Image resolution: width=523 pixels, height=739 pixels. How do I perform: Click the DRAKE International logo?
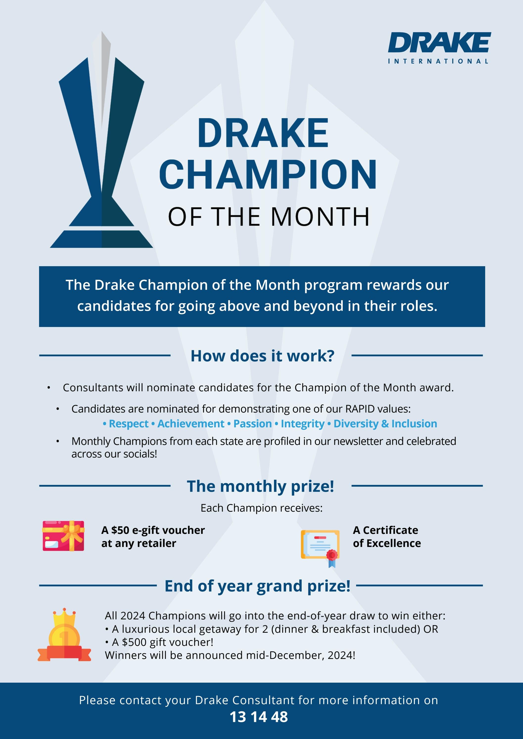click(x=439, y=48)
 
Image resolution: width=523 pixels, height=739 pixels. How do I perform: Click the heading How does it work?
click(x=262, y=356)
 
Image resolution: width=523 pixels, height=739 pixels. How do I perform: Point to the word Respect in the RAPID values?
click(x=129, y=424)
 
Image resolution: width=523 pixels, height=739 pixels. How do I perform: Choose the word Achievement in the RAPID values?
click(x=191, y=424)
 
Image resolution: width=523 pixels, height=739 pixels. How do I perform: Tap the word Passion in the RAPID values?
click(x=252, y=424)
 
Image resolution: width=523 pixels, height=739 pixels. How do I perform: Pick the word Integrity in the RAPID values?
click(x=302, y=424)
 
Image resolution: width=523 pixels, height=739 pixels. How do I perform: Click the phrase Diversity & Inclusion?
click(x=385, y=424)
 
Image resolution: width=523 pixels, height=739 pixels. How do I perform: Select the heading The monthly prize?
click(x=260, y=486)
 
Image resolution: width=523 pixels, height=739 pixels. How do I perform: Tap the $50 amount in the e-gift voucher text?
click(x=120, y=530)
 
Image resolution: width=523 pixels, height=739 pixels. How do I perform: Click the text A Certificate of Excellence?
click(x=387, y=537)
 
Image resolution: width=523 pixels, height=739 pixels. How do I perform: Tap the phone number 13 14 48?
click(x=259, y=717)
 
